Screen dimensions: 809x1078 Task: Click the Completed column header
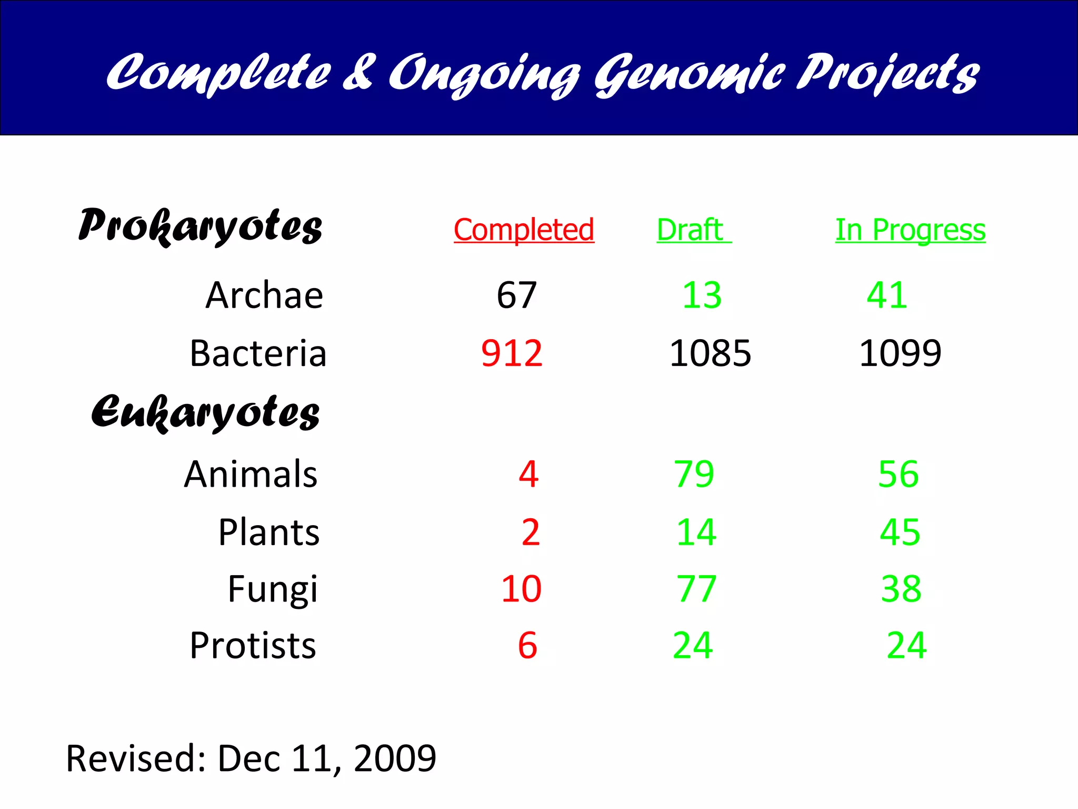tap(524, 230)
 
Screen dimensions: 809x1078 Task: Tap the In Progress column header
tap(910, 230)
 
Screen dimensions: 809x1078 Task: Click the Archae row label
tap(264, 295)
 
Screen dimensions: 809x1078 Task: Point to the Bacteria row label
tap(258, 353)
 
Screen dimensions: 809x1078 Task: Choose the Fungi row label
tap(273, 589)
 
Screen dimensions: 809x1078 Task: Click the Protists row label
tap(253, 646)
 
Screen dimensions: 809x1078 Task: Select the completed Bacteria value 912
tap(512, 353)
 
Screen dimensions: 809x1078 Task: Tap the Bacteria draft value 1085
tap(710, 353)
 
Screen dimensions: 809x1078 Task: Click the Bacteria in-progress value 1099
tap(900, 353)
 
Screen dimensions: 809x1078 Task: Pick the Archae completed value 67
tap(516, 295)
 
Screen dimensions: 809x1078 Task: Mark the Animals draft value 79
tap(694, 474)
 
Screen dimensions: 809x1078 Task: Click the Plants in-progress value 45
tap(900, 532)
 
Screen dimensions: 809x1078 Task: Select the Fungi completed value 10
tap(521, 589)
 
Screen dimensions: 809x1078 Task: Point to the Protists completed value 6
tap(527, 646)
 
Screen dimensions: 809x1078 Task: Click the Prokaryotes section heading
tap(200, 226)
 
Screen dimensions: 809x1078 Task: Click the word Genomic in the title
tap(690, 74)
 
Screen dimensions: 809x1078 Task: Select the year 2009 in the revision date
tap(395, 758)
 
